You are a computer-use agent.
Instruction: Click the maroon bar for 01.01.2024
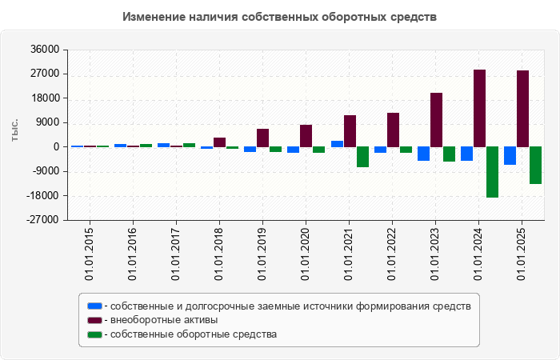pos(479,108)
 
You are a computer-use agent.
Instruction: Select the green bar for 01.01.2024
pos(492,171)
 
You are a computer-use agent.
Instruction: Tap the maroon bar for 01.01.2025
pos(522,108)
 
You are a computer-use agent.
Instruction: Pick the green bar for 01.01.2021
pos(362,156)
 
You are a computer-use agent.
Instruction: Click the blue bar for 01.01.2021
pos(337,144)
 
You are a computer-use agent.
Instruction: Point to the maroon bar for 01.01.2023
pos(436,119)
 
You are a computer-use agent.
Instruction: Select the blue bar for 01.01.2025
pos(510,155)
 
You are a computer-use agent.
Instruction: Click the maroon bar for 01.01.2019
pos(262,138)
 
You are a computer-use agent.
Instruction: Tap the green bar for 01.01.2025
pos(535,165)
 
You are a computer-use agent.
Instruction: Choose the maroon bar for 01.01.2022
pos(393,130)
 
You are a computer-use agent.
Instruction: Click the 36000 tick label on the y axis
pos(45,50)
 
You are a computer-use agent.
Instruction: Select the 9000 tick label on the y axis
pos(48,122)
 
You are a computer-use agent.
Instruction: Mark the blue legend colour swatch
pos(94,306)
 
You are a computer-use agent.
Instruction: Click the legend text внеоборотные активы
pos(164,320)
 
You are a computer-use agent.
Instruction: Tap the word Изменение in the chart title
pos(155,16)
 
